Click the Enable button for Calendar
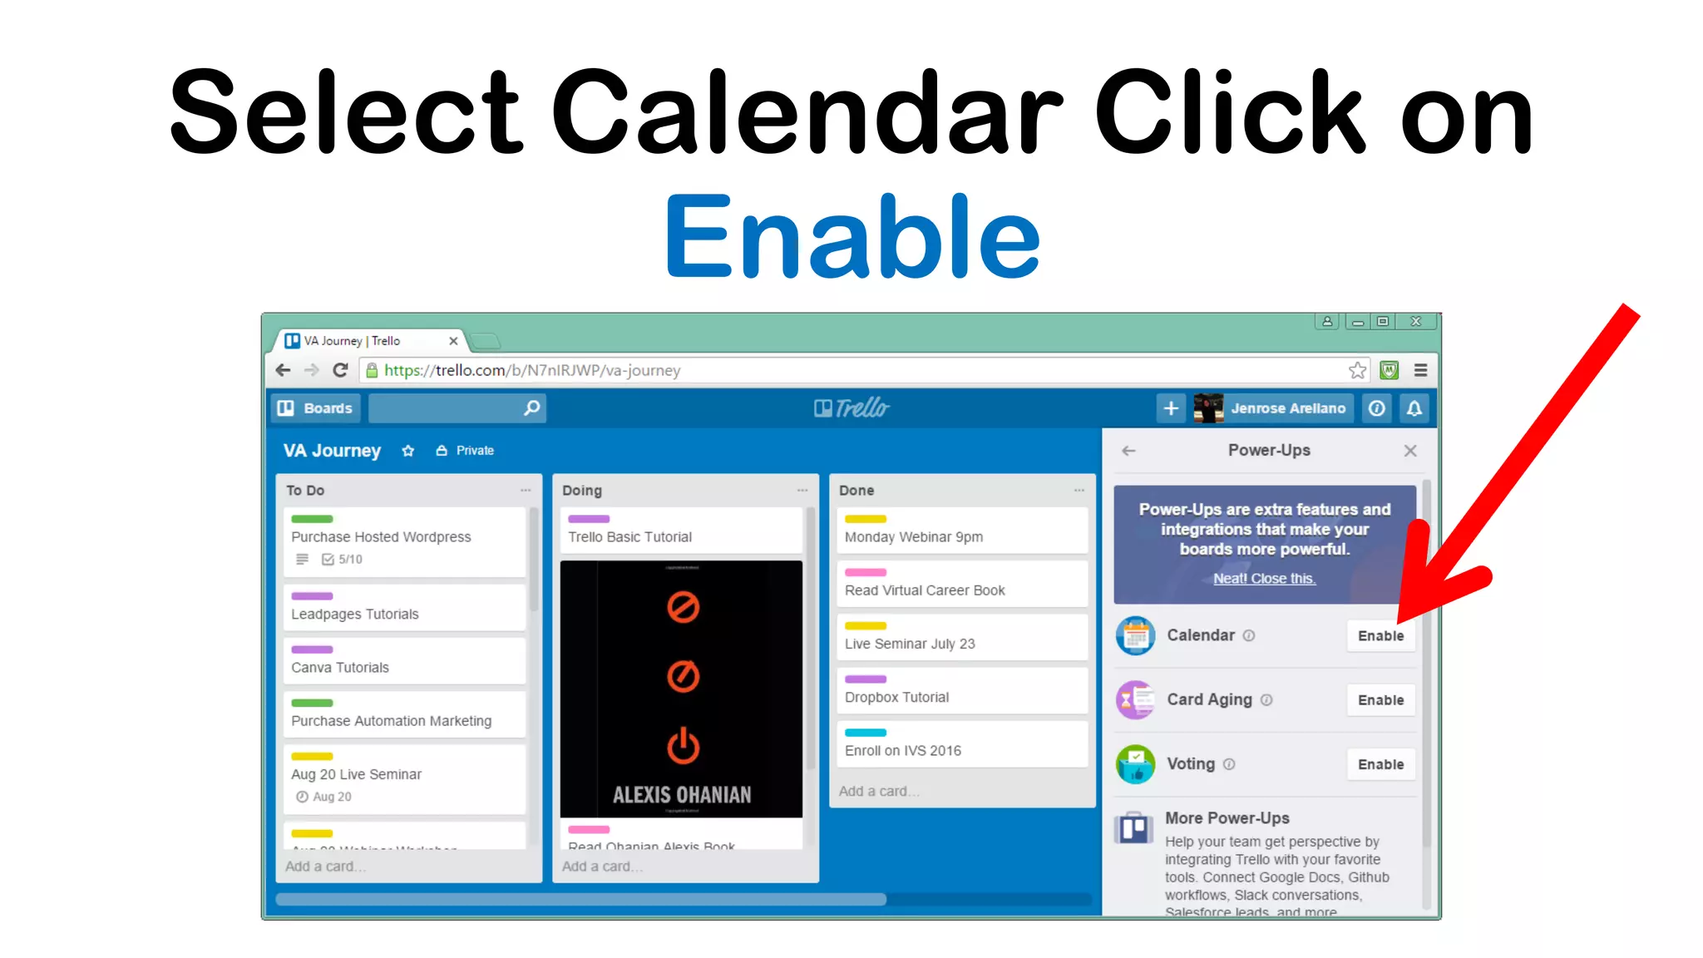pos(1380,636)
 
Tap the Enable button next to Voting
pos(1380,765)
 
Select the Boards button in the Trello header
pos(316,408)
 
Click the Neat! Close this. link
pos(1264,579)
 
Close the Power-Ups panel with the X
pos(1410,451)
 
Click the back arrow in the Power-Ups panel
pos(1128,451)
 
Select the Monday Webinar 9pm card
pos(962,531)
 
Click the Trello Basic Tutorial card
pos(680,531)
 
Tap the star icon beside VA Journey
pos(407,451)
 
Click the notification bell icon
pos(1414,408)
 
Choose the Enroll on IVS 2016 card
pos(962,744)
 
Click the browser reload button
pos(340,370)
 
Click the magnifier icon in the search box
pos(532,408)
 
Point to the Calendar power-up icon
pos(1135,636)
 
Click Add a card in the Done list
pos(878,792)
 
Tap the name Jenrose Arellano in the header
pos(1288,408)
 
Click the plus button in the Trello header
pos(1171,408)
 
